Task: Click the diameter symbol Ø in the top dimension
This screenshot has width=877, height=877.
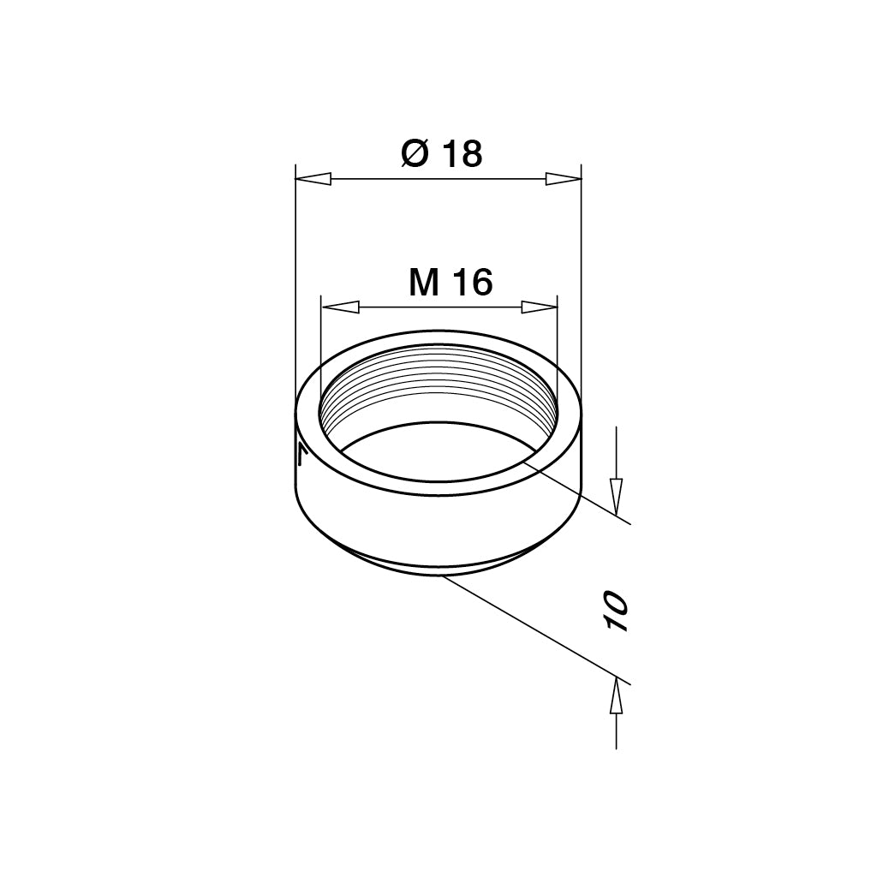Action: click(415, 154)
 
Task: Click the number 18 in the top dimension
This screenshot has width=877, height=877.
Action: click(462, 154)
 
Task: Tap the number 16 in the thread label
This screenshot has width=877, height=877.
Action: click(473, 283)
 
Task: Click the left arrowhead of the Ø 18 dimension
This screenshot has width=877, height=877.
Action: click(313, 179)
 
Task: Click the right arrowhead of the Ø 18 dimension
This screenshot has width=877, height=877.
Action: click(563, 179)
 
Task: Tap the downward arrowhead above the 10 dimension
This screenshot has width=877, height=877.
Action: click(616, 495)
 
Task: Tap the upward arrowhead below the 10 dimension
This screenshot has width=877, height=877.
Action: click(616, 700)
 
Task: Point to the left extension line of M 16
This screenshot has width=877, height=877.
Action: click(319, 351)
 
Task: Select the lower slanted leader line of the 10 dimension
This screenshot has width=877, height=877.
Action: click(540, 630)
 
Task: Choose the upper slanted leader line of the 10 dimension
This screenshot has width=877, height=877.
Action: click(582, 492)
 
